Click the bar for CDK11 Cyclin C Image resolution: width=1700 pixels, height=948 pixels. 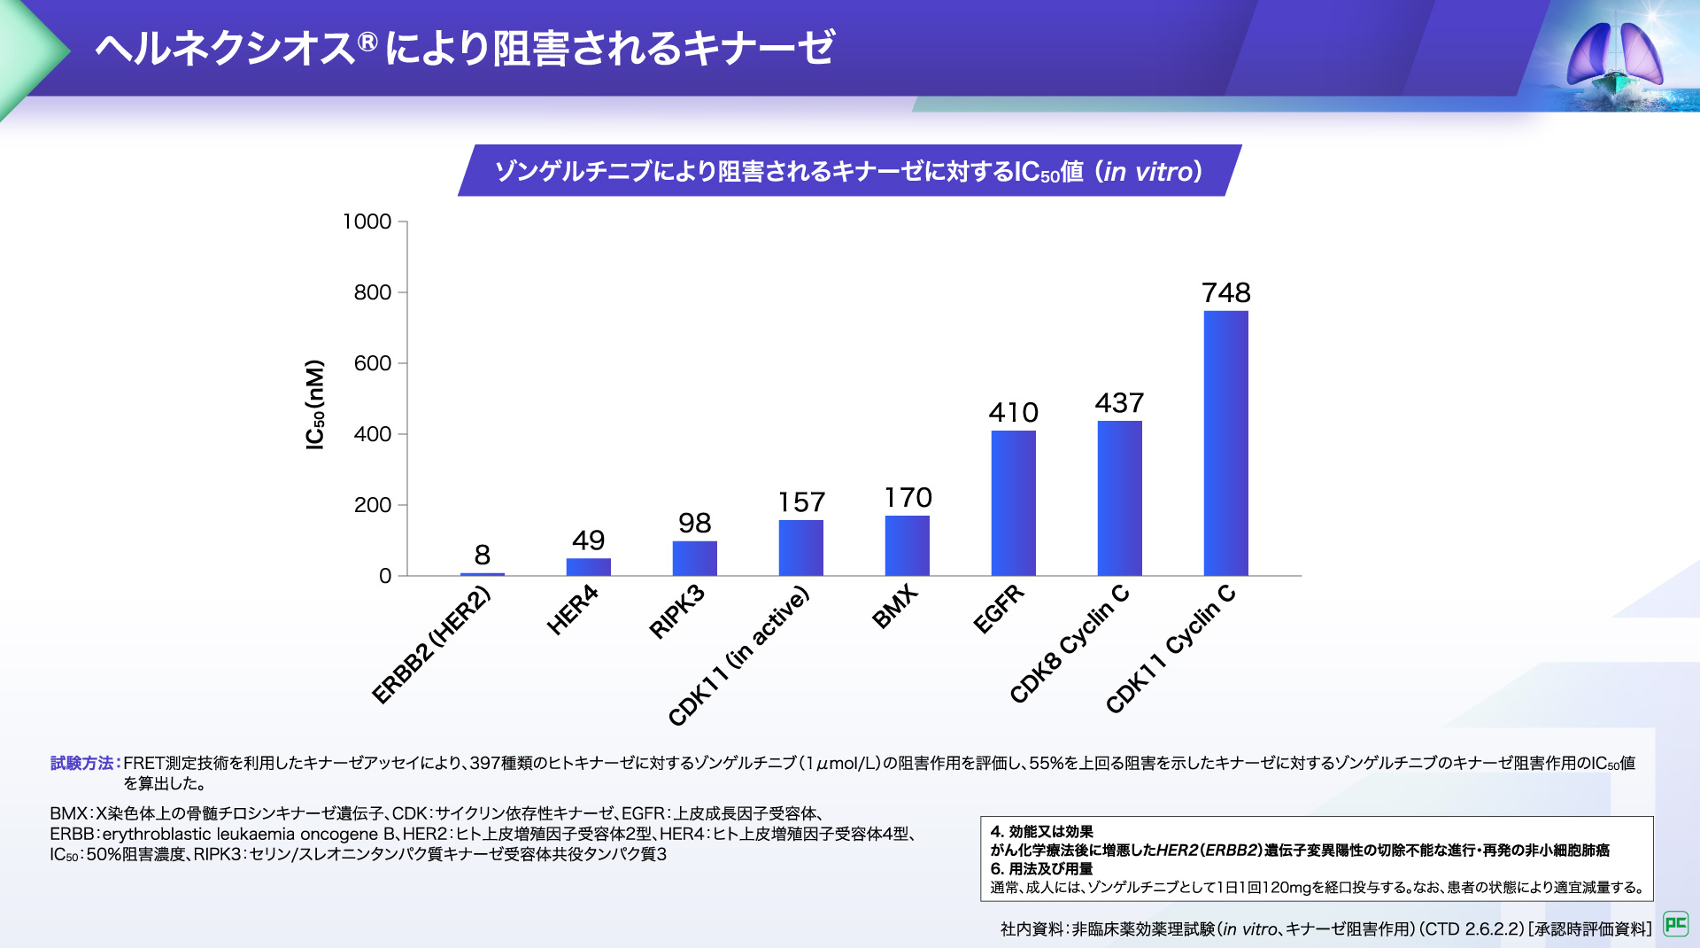[1225, 443]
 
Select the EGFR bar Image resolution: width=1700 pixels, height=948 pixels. [1013, 502]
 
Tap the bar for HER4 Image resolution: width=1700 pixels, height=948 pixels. [588, 567]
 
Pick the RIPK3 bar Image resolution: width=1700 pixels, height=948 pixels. [694, 558]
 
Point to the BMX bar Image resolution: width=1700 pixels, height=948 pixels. [907, 545]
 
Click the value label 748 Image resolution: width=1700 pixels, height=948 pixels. [1225, 292]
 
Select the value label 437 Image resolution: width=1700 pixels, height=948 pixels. [1119, 403]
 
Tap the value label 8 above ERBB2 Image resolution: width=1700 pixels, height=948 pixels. [482, 555]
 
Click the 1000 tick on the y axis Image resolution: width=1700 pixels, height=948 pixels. [367, 221]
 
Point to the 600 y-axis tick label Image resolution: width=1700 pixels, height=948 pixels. [372, 363]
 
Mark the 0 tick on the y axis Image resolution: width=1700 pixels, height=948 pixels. [384, 576]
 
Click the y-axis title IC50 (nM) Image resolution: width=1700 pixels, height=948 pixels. [315, 404]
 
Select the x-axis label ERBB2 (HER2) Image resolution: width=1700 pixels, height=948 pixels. [431, 645]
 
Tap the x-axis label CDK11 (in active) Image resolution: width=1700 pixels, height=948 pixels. [738, 656]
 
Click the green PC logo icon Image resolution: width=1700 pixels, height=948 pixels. [1675, 924]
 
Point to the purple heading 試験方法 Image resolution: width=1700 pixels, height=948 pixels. [81, 763]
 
